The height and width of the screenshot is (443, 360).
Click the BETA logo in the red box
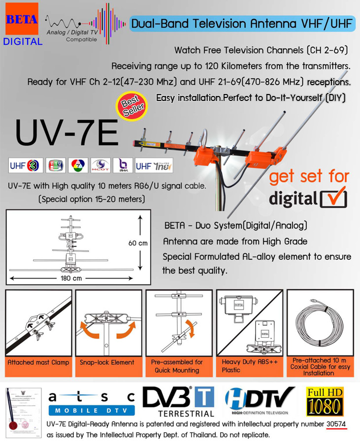22,20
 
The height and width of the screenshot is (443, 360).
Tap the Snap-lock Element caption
107,363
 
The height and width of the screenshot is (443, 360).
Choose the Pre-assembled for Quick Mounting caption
177,366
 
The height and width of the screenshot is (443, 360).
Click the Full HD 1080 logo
325,401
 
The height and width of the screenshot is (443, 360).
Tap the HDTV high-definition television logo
259,401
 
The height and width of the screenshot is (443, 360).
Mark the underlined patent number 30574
336,425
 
